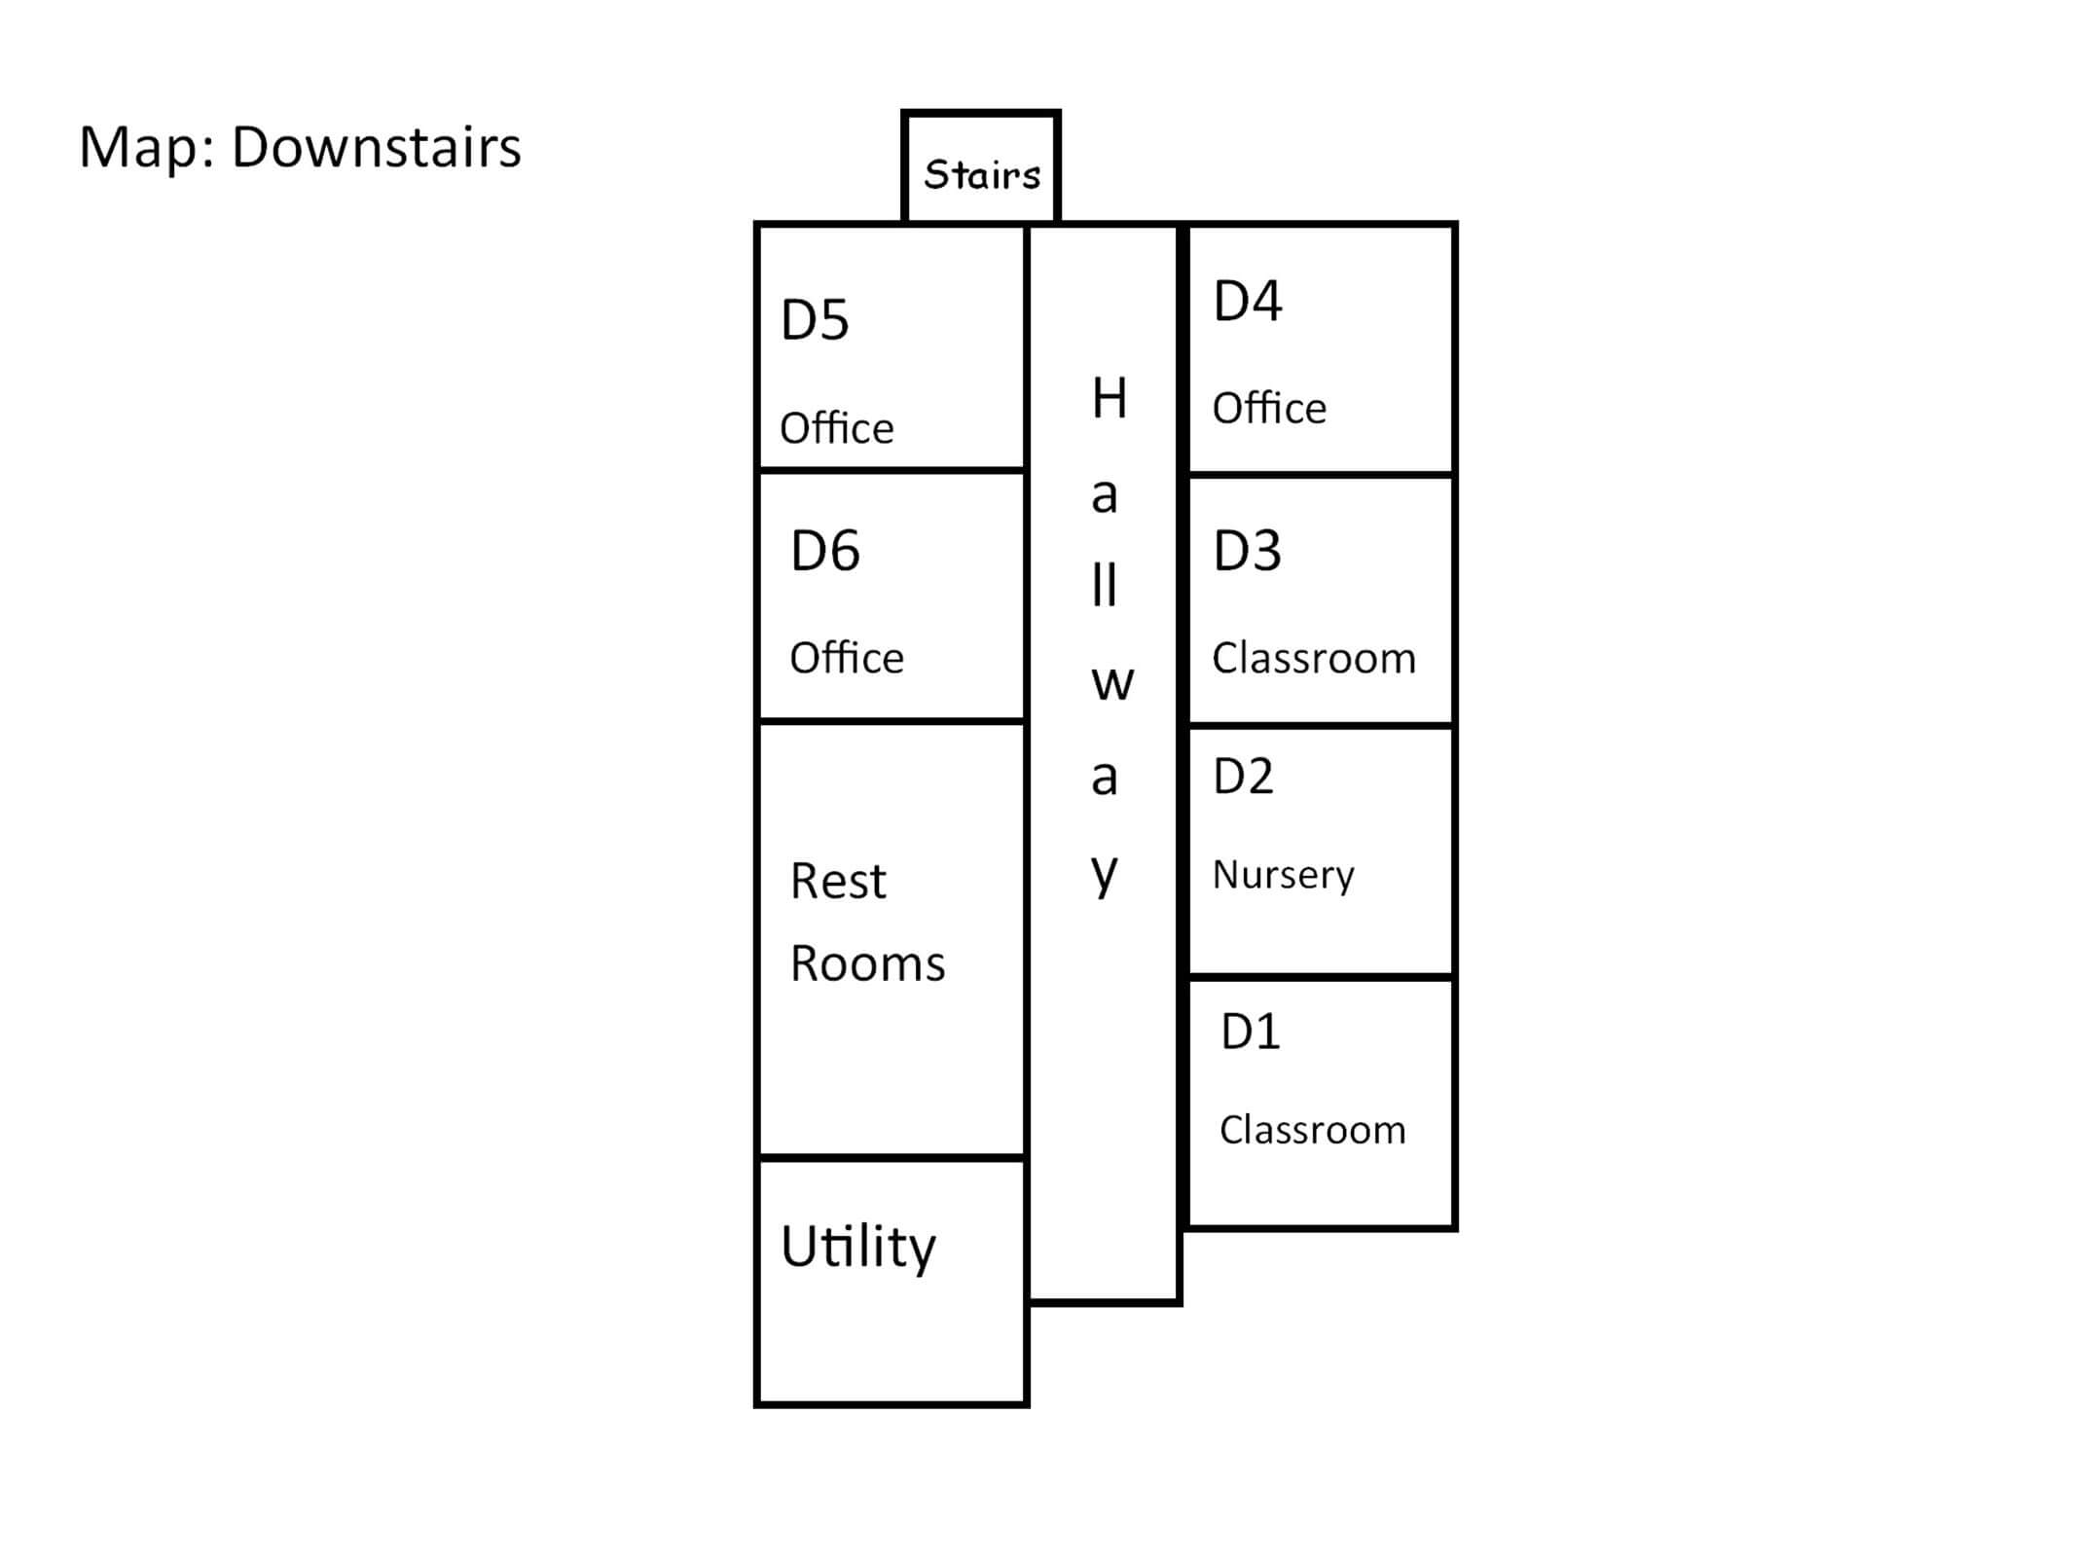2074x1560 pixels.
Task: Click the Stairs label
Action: tap(982, 175)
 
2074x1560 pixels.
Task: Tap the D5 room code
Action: tap(815, 320)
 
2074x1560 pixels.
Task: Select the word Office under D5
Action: tap(837, 428)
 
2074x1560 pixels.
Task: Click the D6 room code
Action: tap(825, 551)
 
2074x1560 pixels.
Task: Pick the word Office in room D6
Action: tap(847, 658)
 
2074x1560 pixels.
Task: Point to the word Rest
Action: tap(838, 882)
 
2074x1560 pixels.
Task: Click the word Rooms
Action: tap(867, 964)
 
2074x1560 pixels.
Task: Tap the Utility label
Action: tap(858, 1247)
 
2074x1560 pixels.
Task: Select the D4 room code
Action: tap(1248, 301)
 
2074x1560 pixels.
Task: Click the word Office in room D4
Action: tap(1269, 408)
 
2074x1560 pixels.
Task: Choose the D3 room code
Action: tap(1248, 551)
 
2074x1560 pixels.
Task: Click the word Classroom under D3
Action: tap(1314, 659)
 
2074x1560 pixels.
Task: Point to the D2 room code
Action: tap(1243, 777)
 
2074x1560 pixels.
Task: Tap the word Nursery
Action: tap(1283, 875)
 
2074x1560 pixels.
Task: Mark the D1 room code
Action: tap(1251, 1032)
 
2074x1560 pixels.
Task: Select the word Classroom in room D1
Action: tap(1313, 1130)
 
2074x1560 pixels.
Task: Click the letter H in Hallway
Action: tap(1110, 398)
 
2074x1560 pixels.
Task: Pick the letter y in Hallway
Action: tap(1105, 875)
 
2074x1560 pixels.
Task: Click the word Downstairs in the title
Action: tap(376, 147)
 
